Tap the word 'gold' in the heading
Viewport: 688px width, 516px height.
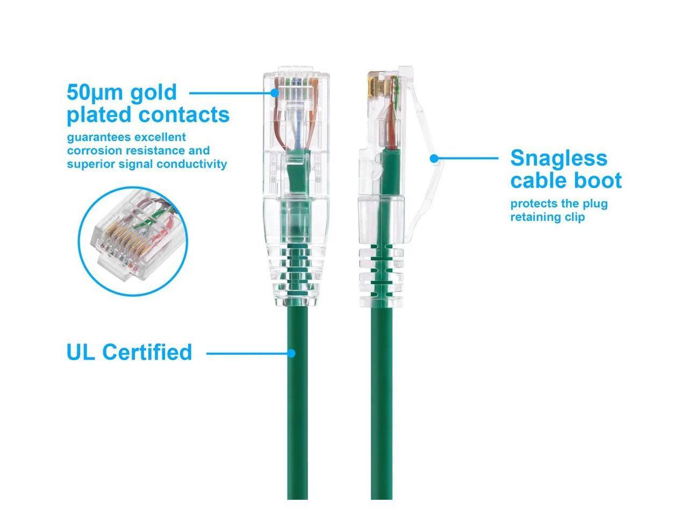pyautogui.click(x=154, y=92)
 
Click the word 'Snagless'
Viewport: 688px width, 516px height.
pyautogui.click(x=558, y=158)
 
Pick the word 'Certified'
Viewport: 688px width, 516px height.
pyautogui.click(x=147, y=353)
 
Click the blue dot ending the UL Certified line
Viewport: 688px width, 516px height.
pyautogui.click(x=291, y=353)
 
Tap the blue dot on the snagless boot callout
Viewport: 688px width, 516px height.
pyautogui.click(x=434, y=159)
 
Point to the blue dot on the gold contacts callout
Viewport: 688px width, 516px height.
pyautogui.click(x=275, y=92)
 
